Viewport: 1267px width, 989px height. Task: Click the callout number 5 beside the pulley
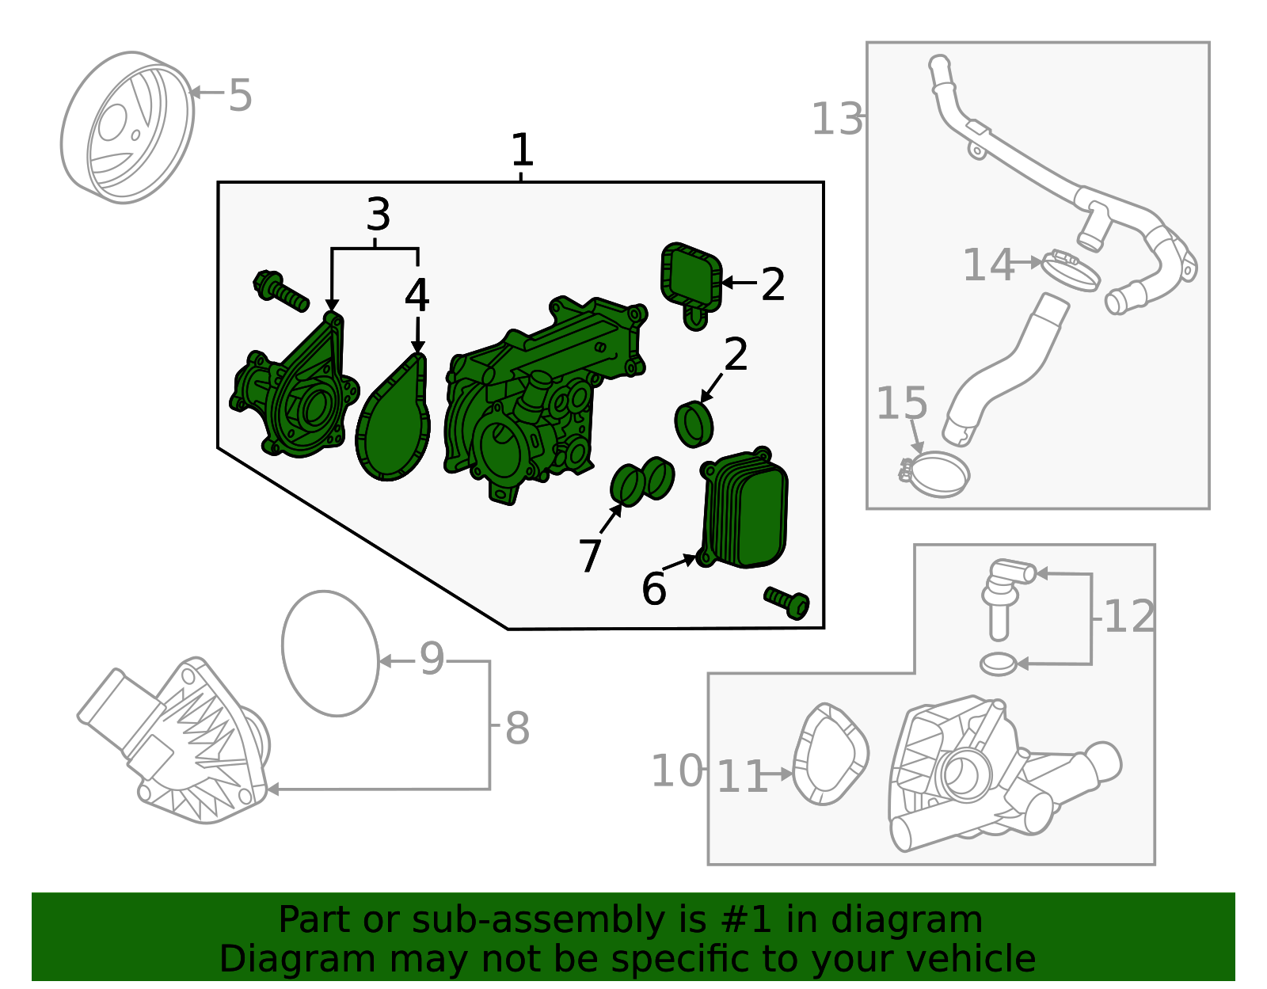[240, 96]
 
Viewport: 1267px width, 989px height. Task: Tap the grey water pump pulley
[127, 128]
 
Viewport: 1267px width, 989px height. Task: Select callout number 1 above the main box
[521, 150]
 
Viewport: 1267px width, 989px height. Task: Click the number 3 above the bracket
[378, 215]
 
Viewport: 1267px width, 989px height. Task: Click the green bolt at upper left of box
[280, 291]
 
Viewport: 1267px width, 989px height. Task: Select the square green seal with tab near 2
[691, 277]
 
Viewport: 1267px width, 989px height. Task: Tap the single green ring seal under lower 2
[694, 424]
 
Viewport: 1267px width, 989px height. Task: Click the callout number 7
[590, 555]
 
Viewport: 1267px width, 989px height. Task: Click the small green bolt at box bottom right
[786, 603]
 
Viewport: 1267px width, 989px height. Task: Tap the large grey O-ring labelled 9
[330, 654]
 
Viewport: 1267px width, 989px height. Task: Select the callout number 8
[516, 728]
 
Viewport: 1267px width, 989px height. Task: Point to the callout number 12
[1128, 616]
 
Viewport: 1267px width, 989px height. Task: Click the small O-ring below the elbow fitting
[998, 664]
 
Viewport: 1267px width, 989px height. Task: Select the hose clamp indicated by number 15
[936, 473]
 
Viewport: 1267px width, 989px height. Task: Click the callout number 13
[837, 120]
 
